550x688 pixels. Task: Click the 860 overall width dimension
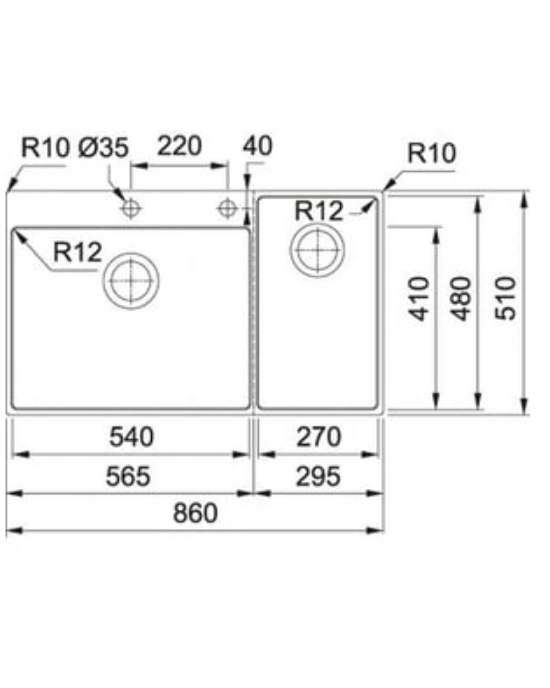click(195, 513)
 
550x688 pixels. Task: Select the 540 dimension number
click(131, 437)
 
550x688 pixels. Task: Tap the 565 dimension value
click(128, 477)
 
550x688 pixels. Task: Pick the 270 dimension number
click(319, 437)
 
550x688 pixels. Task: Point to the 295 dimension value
click(318, 477)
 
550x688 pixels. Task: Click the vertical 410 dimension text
click(419, 299)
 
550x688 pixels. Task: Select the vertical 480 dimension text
click(460, 299)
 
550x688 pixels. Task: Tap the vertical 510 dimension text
click(505, 299)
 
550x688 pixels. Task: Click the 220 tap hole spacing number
click(179, 146)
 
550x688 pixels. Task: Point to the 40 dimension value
click(258, 146)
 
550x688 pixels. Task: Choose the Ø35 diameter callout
click(103, 147)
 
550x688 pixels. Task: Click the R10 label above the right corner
click(432, 153)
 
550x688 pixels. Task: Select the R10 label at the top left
click(45, 147)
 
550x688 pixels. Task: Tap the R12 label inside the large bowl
click(77, 252)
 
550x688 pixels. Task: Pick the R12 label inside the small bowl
click(319, 211)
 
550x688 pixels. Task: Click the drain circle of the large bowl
click(103, 281)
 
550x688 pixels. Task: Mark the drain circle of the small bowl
click(290, 250)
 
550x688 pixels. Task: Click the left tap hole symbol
click(130, 209)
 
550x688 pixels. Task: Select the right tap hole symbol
click(227, 209)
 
